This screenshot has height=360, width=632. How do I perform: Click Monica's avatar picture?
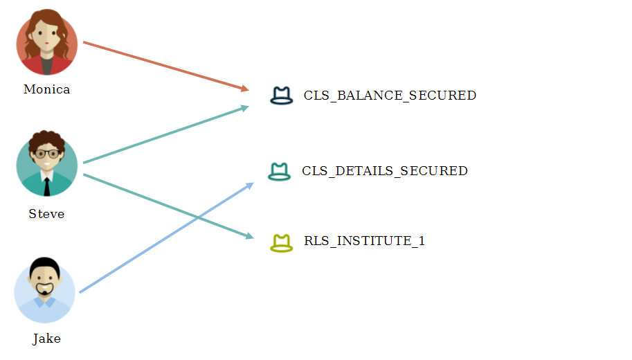47,43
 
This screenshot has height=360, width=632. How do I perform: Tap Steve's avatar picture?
47,164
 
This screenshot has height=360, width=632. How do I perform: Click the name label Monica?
46,89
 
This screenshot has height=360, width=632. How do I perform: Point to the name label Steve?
46,214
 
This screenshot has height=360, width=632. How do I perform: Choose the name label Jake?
46,339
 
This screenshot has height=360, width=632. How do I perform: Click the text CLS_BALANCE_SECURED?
390,96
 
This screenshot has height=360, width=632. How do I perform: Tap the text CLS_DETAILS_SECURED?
385,170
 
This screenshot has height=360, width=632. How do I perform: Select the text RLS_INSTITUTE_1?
364,241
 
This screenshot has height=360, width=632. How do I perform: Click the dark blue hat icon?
282,96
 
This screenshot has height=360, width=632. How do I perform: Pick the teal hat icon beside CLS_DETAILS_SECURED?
278,171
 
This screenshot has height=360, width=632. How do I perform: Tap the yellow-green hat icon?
281,242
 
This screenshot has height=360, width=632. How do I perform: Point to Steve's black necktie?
47,186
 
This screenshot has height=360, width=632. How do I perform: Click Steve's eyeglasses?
47,154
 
